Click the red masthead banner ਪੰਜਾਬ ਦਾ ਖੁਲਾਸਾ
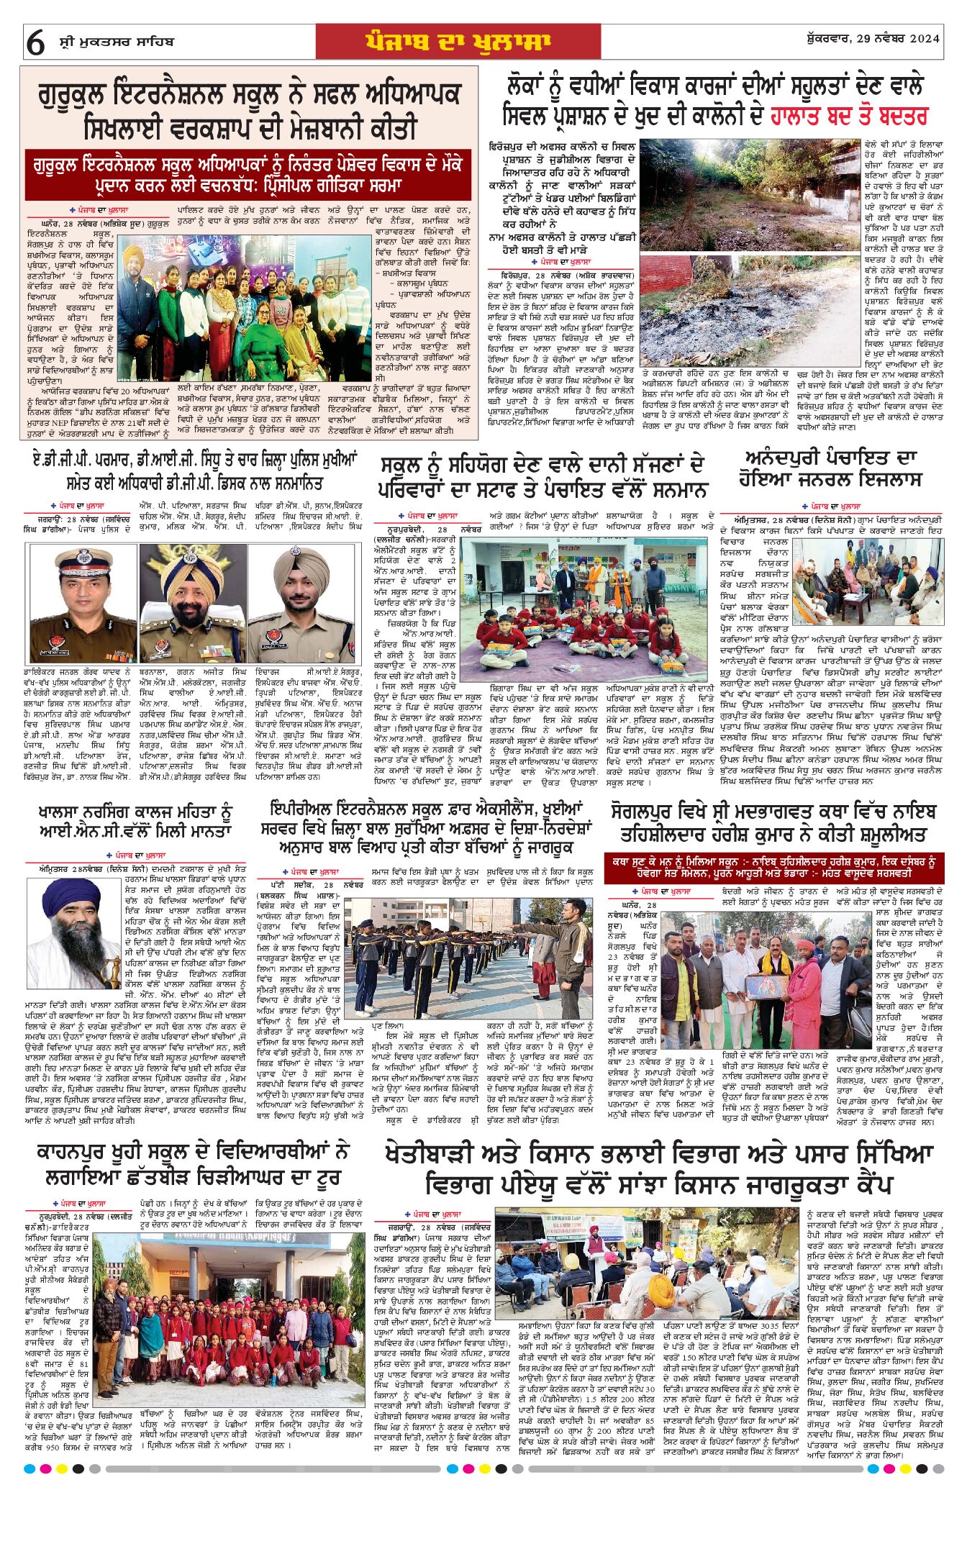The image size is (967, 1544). [458, 42]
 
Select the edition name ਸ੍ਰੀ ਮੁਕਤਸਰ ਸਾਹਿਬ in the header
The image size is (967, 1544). [116, 42]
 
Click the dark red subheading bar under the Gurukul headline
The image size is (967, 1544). [248, 175]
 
